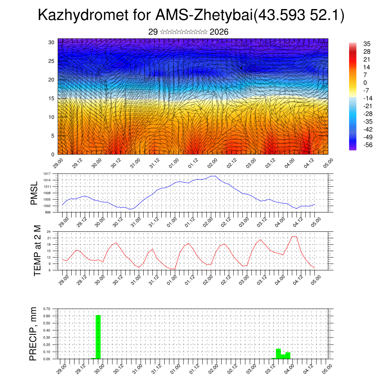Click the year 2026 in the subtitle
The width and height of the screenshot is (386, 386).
[219, 32]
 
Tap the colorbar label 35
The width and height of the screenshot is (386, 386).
[367, 44]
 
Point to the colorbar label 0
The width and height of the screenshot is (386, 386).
[365, 83]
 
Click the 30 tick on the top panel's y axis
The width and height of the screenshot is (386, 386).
[52, 42]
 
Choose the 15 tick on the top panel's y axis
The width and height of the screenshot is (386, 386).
[52, 98]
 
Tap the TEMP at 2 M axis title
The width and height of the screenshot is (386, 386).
[37, 250]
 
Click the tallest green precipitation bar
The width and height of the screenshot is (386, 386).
[98, 337]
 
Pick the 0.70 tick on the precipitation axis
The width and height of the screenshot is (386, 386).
[47, 309]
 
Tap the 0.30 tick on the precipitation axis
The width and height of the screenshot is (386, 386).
[47, 337]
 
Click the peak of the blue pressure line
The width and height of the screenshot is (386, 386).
[213, 176]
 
